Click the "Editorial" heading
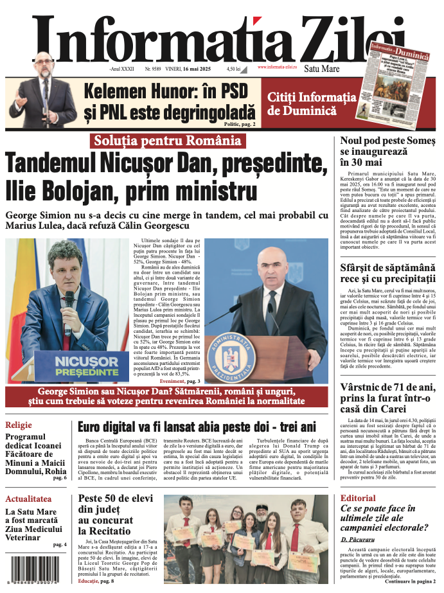tap(358, 499)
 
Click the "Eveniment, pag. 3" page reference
tap(181, 381)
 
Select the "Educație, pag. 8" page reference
tap(96, 581)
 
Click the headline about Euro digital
tap(197, 427)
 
